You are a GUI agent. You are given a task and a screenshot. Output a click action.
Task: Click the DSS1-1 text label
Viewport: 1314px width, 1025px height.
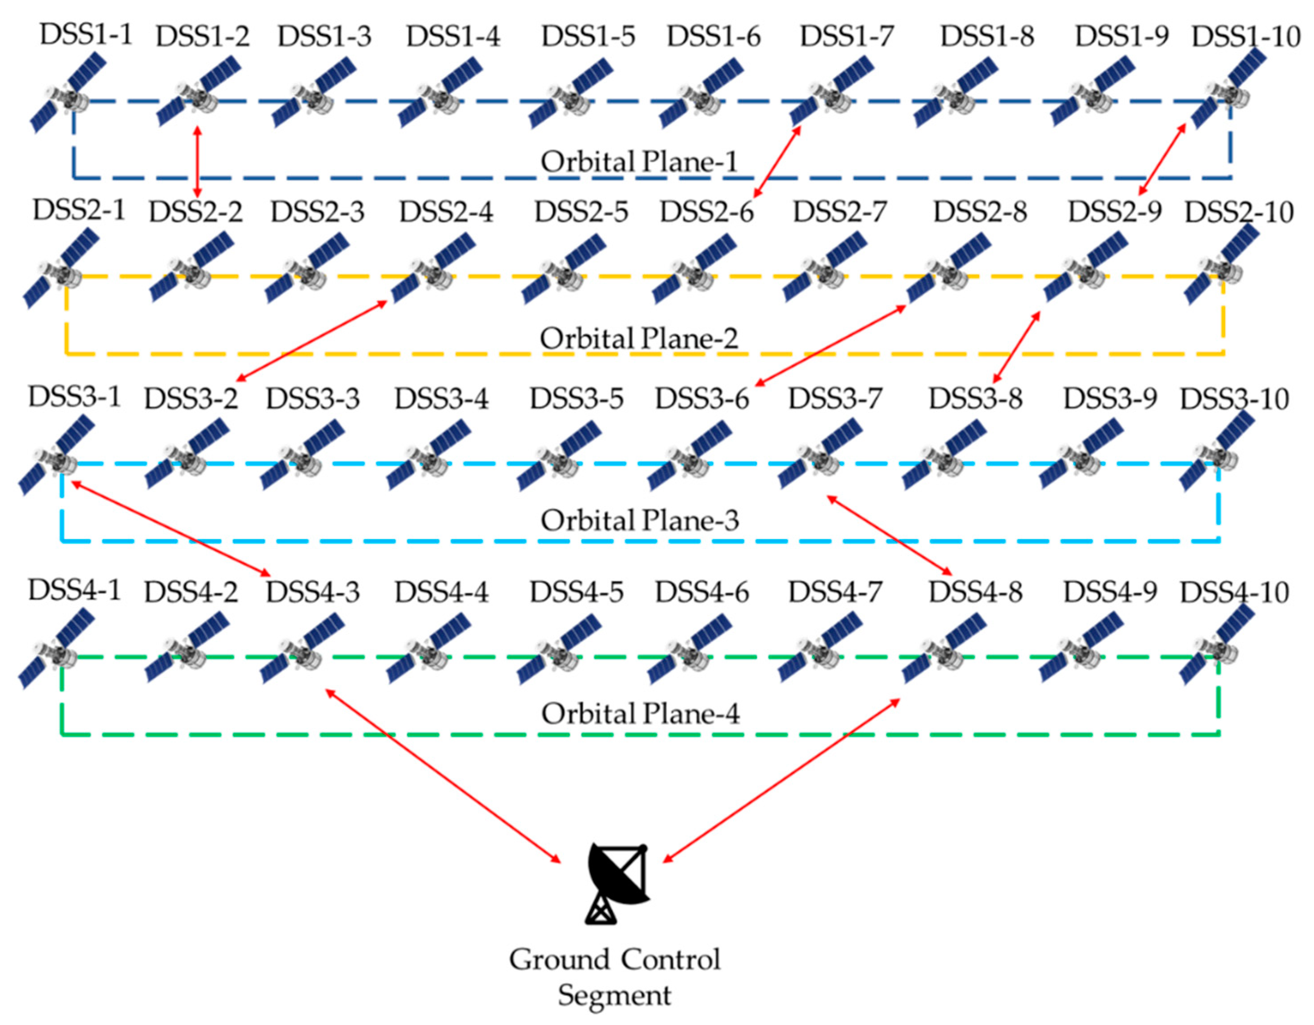click(85, 35)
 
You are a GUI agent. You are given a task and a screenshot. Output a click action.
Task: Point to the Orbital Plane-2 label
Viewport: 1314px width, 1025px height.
click(639, 339)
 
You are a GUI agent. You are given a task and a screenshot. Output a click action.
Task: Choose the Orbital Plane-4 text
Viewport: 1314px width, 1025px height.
click(640, 714)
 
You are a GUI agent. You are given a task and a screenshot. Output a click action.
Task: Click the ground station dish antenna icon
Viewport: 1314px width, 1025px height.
click(618, 882)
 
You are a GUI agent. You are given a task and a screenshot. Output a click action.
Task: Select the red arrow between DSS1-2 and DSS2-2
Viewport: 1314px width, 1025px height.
click(197, 161)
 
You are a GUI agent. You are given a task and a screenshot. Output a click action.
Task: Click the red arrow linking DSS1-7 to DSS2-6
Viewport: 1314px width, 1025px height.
click(777, 161)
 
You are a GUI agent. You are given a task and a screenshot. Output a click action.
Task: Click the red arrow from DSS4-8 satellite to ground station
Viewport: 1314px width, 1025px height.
click(781, 780)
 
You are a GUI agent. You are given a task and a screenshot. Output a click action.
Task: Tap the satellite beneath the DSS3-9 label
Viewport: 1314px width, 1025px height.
click(1081, 458)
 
